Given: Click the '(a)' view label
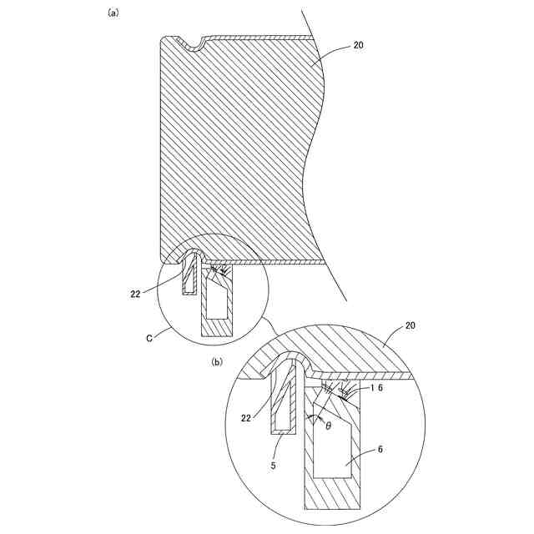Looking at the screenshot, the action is click(x=113, y=13).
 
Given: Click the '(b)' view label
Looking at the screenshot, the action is click(x=218, y=361).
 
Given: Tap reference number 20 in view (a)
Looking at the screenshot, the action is click(x=358, y=45).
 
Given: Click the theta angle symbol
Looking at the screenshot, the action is click(x=328, y=425).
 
